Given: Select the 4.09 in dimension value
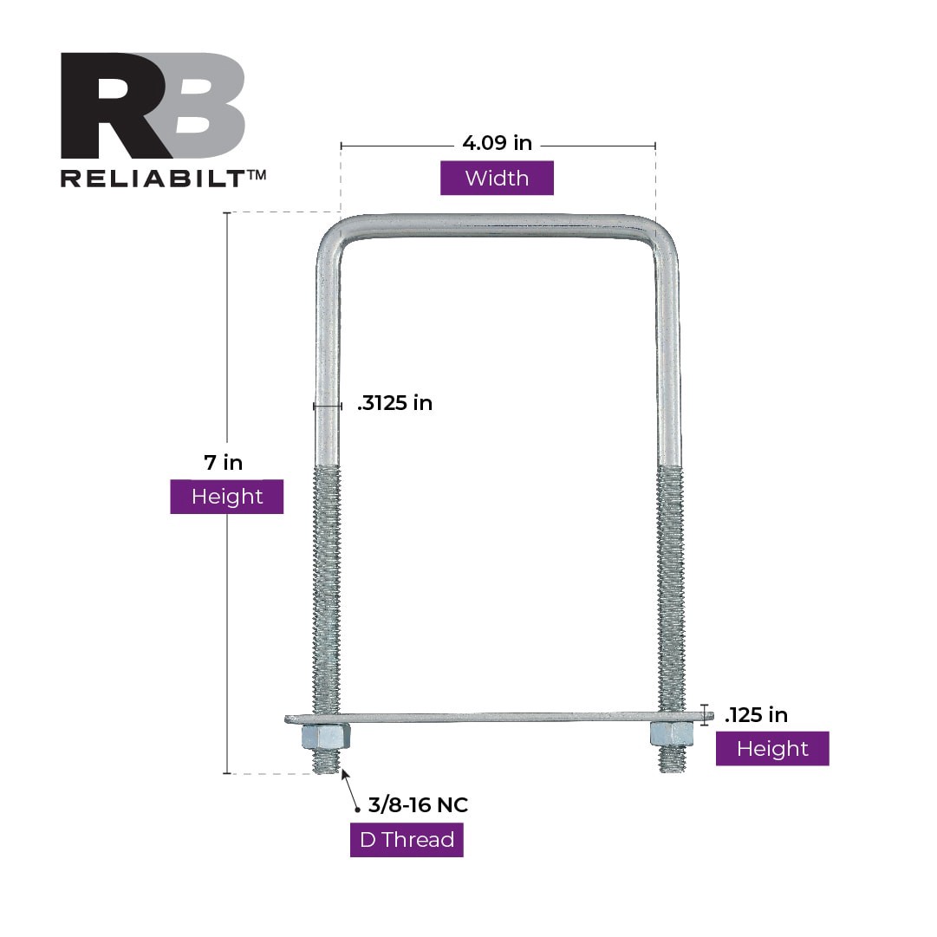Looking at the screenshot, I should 497,143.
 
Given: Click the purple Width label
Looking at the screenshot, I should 497,179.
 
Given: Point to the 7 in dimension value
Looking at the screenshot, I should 224,462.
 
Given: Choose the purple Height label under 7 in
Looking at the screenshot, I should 226,497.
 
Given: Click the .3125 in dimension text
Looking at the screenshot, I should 394,403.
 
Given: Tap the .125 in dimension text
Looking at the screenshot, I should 756,715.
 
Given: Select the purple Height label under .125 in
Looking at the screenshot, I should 771,749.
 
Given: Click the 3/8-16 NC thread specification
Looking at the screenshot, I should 418,805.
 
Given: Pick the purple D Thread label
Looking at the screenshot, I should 407,840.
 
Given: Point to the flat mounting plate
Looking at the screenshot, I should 498,718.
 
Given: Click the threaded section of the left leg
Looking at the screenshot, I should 327,589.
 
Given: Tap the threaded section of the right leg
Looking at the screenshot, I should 670,589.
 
